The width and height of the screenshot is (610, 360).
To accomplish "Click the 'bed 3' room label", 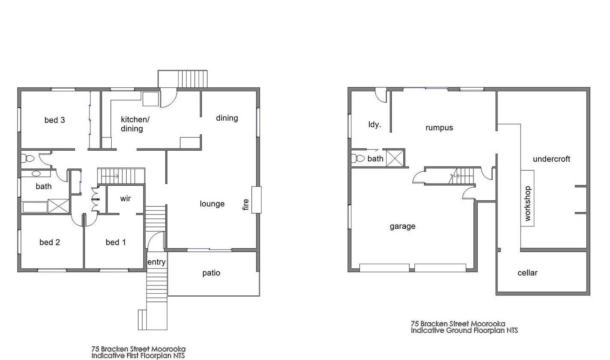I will click(54, 120).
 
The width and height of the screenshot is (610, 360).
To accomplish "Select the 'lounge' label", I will click(212, 204).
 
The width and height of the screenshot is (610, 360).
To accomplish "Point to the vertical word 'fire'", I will click(246, 205).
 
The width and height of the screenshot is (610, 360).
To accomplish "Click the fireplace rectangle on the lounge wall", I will click(256, 199).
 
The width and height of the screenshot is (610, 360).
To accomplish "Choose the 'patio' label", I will click(211, 273).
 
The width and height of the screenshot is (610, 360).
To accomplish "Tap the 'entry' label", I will click(156, 262).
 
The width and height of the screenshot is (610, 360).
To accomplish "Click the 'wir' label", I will click(125, 199).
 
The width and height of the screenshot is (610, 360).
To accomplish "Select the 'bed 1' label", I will click(116, 242).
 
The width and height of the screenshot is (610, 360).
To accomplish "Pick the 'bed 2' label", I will click(50, 242).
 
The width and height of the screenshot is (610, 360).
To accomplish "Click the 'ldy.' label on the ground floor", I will click(375, 125).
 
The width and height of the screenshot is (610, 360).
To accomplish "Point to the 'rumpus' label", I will click(439, 128).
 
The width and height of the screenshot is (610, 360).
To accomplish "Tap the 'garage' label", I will click(402, 226).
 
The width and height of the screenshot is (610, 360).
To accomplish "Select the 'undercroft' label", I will click(551, 159).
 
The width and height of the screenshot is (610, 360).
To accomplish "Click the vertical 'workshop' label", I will click(527, 203).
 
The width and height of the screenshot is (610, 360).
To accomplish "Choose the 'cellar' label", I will click(527, 273).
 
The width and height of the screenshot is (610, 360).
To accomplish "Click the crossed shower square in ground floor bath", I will click(396, 158).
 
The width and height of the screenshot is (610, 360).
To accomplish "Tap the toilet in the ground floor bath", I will click(357, 158).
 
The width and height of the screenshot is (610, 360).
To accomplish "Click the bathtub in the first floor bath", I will click(35, 207).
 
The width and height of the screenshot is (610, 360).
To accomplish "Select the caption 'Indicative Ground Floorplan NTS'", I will click(464, 330).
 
